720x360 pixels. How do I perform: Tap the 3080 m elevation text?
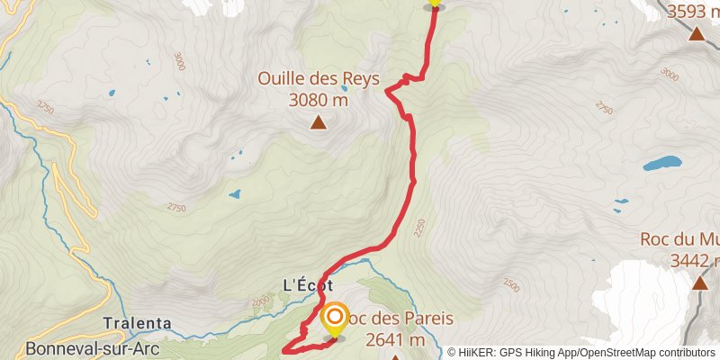point(318,99)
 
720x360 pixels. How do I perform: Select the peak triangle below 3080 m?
point(318,122)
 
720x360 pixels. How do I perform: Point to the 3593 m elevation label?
point(695,13)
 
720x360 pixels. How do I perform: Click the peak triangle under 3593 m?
point(696,34)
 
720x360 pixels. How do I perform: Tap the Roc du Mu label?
point(679,240)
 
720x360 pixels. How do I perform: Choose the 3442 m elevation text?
point(694,260)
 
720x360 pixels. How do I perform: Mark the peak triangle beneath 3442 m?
point(699,283)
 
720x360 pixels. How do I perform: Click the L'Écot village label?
point(308,284)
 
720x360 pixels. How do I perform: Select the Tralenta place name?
point(137,323)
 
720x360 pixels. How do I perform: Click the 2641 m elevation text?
point(395,339)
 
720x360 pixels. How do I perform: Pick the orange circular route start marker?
point(335,318)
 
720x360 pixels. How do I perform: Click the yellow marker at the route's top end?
point(435,3)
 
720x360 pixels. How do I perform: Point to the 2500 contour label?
point(511,286)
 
